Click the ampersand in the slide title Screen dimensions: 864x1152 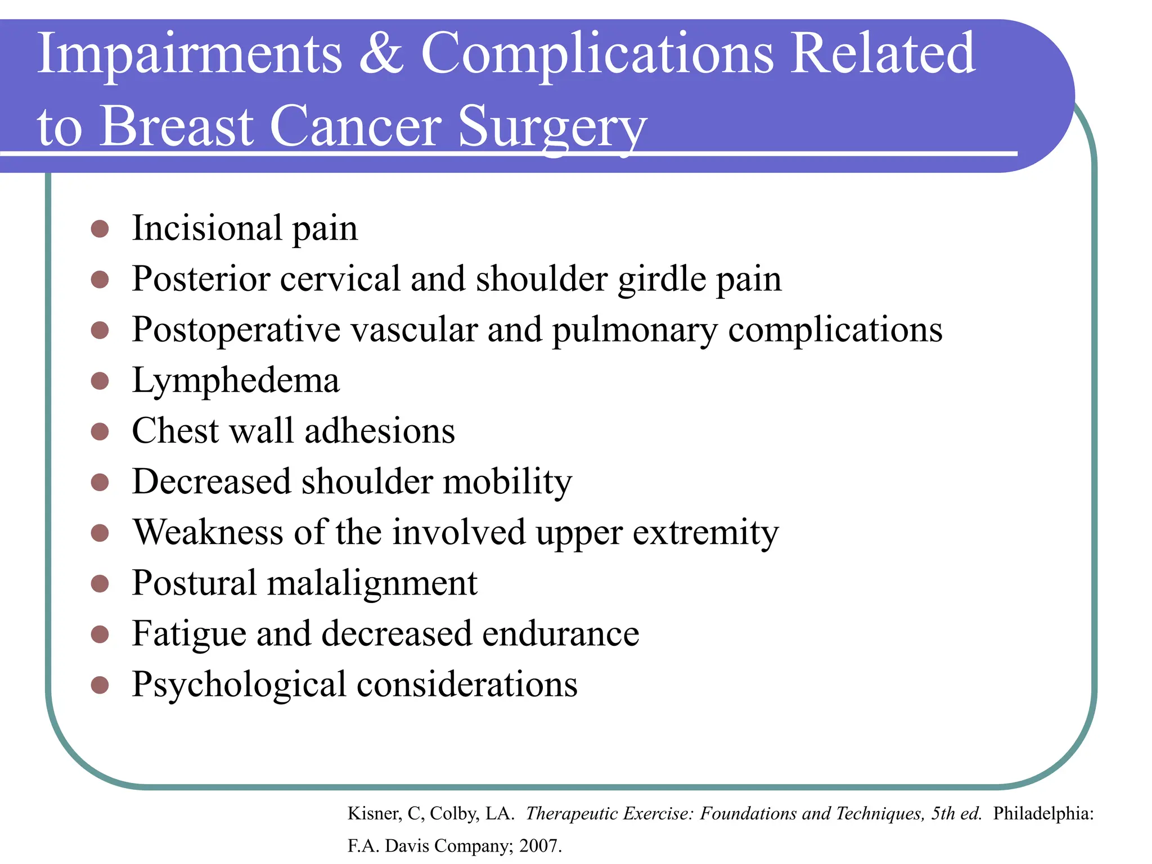point(381,54)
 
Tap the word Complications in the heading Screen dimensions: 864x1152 point(597,54)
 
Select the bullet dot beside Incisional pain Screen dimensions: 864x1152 point(100,229)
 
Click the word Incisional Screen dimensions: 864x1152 point(206,228)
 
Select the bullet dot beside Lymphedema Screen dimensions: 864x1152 point(100,381)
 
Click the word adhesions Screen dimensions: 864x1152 point(380,431)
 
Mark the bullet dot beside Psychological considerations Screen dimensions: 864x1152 point(100,685)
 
